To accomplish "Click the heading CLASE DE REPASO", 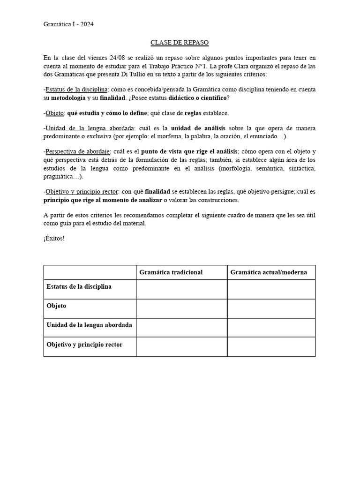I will (x=180, y=43).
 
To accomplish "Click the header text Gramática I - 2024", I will (x=68, y=25).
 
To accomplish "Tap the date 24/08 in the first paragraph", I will (x=120, y=58).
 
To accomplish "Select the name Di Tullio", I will (x=135, y=75).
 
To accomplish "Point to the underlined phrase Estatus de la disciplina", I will (x=77, y=89).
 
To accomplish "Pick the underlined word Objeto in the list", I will (x=54, y=113).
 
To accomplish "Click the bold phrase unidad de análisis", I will (x=198, y=128).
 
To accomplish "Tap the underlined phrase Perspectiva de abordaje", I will (x=78, y=151).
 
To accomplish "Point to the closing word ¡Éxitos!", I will (x=54, y=239).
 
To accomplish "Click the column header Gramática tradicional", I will (x=171, y=272).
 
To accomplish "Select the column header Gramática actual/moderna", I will (x=269, y=272).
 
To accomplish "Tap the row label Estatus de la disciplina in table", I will (x=79, y=286).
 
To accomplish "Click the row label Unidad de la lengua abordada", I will (x=89, y=325).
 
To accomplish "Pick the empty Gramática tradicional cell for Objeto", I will (x=181, y=308).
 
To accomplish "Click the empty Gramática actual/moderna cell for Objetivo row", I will (x=271, y=347).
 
